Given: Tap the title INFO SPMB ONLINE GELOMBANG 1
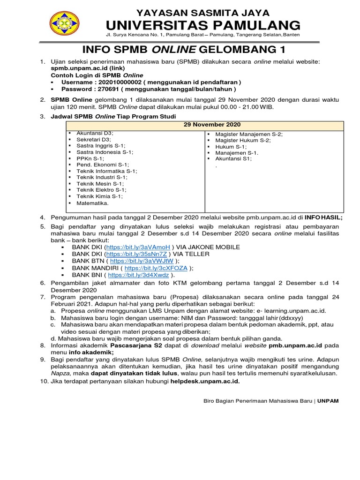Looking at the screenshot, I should point(184,50).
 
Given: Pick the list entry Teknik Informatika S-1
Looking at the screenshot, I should point(102,171).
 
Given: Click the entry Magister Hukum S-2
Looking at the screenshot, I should point(243,140).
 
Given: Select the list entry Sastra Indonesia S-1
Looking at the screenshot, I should point(105,152).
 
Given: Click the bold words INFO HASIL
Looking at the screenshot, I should point(324,217).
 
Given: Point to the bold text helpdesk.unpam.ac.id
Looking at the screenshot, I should point(205,381).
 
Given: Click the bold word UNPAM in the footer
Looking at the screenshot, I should point(328,401).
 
